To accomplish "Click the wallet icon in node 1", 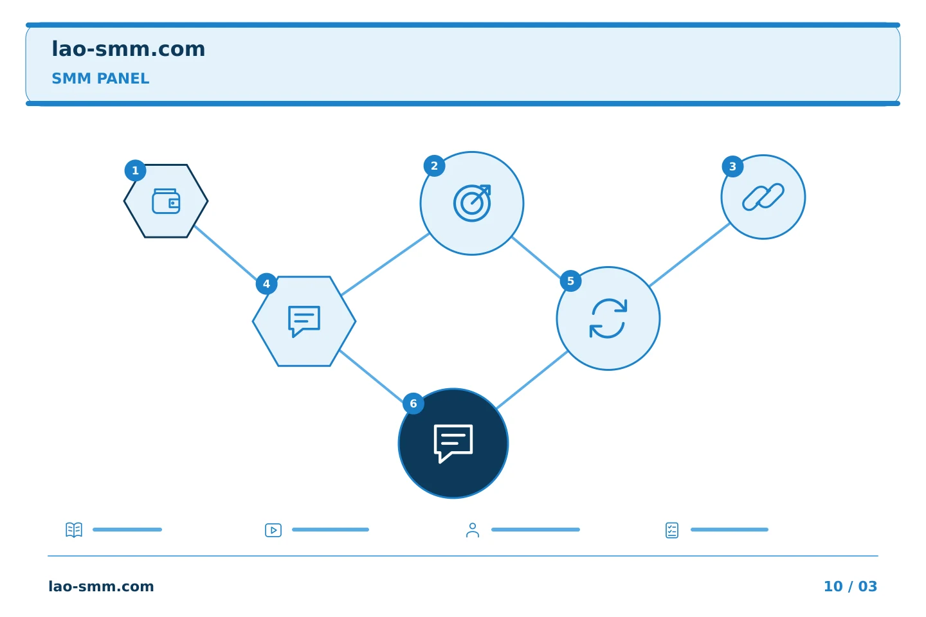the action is point(166,201).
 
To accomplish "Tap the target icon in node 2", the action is point(472,203).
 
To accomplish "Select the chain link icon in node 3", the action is point(763,197).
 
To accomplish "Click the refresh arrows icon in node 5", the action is point(608,318).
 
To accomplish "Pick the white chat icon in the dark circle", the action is point(453,443).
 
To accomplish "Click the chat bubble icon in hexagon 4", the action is point(304,321).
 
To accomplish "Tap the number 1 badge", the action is point(135,170).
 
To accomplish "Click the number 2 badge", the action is point(434,166).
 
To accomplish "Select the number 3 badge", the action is point(732,166).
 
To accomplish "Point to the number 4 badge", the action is point(266,284).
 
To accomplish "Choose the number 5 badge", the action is point(570,281).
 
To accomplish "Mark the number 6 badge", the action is point(413,404).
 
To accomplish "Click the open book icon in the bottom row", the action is point(74,530).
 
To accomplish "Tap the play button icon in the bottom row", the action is point(273,530).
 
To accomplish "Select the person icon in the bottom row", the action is point(473,530).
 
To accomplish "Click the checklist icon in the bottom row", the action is point(672,530).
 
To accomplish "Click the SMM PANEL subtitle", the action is point(100,78).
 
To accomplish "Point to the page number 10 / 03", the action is point(850,586).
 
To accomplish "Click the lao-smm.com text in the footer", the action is point(102,586).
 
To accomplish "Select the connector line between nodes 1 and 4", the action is point(226,253).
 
